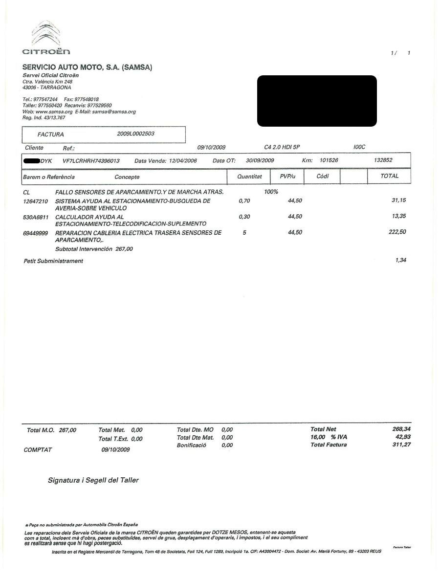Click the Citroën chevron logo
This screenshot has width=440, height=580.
click(x=46, y=33)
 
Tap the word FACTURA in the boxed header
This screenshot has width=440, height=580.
click(x=50, y=134)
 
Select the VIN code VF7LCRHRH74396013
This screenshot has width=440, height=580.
click(x=91, y=160)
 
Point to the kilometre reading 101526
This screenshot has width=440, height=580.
click(x=329, y=160)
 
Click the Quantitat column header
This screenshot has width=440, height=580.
click(x=249, y=177)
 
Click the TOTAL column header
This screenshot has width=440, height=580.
click(x=389, y=176)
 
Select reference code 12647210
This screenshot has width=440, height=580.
click(x=35, y=201)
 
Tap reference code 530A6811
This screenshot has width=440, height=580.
click(x=36, y=217)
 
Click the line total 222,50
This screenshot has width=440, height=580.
click(x=397, y=232)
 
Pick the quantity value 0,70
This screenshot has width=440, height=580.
click(x=244, y=201)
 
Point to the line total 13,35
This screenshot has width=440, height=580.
click(x=399, y=216)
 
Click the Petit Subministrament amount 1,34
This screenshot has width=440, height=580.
click(x=400, y=260)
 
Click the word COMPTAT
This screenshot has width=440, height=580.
click(x=38, y=450)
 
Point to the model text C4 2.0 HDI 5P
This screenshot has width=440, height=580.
click(x=282, y=147)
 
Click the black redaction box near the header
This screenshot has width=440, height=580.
click(x=317, y=101)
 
